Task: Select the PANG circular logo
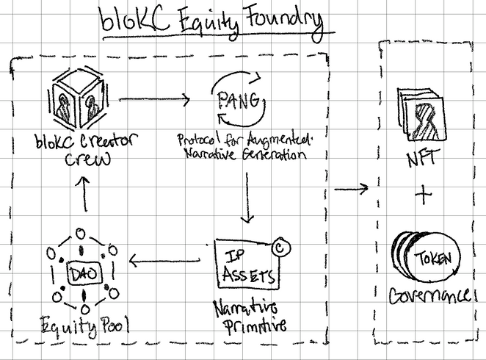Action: [239, 102]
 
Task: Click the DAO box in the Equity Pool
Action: [81, 271]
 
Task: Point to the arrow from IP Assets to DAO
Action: [165, 259]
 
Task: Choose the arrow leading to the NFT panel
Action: [351, 190]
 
